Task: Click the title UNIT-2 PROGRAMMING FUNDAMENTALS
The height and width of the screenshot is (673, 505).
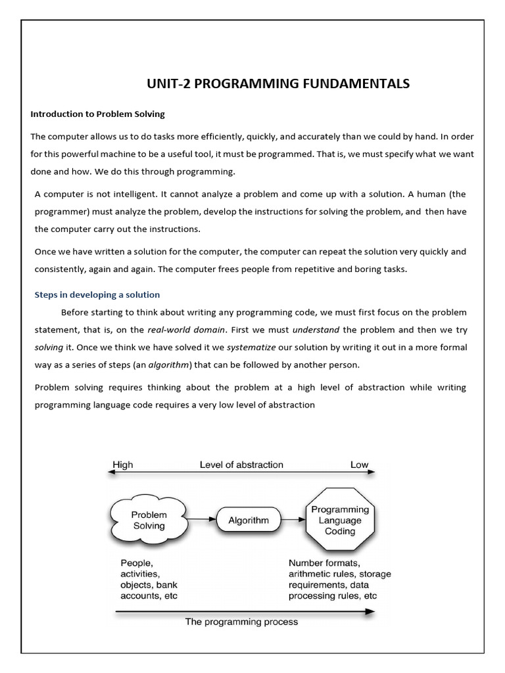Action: click(x=277, y=83)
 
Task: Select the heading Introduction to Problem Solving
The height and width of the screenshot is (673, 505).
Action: click(x=97, y=114)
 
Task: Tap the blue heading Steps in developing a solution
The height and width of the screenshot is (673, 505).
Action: click(x=97, y=294)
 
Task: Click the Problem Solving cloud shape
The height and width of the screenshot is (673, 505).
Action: click(x=149, y=520)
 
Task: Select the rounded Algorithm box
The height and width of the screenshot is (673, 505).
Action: click(x=248, y=520)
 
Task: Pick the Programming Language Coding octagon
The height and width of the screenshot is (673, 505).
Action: click(x=339, y=520)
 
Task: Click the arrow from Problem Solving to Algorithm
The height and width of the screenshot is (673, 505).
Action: click(x=201, y=520)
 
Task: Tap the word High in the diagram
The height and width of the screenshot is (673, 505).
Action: click(x=122, y=465)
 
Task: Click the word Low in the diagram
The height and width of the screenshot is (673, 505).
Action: click(x=359, y=465)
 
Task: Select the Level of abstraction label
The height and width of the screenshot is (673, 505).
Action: click(x=241, y=465)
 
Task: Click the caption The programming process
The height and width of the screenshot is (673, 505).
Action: click(x=241, y=622)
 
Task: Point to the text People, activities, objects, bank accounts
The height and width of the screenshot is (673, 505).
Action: click(x=149, y=580)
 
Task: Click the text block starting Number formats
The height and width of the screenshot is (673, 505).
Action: click(x=339, y=580)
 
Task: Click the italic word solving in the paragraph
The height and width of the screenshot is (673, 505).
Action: click(x=48, y=346)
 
